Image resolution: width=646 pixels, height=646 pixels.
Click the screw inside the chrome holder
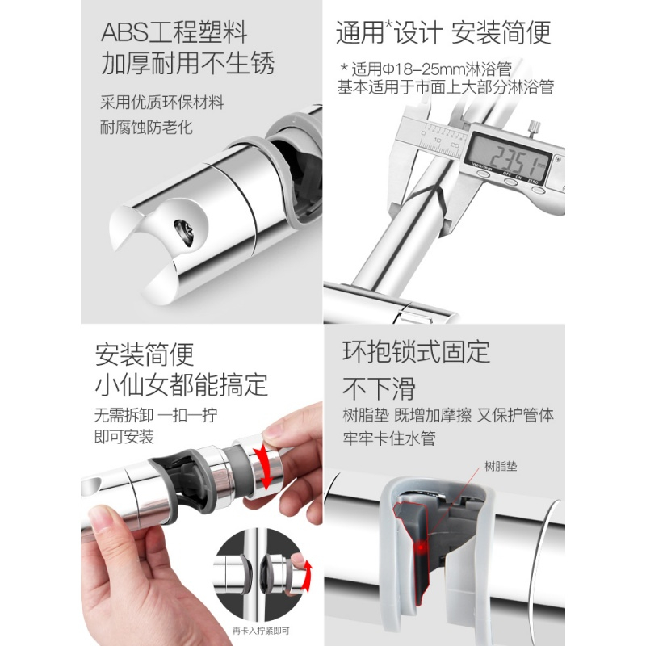[x=184, y=233]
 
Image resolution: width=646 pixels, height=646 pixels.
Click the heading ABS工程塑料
[x=174, y=31]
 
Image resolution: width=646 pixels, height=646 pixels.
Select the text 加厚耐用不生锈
[x=187, y=63]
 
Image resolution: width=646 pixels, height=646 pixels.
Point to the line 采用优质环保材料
[x=162, y=103]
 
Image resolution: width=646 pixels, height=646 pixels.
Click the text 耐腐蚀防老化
[x=146, y=127]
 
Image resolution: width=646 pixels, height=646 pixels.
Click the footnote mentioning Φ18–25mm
[x=426, y=69]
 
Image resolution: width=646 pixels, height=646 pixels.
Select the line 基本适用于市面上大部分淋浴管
[x=446, y=87]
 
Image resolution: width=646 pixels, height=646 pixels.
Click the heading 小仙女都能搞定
[x=181, y=384]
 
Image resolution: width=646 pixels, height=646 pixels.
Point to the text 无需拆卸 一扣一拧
[x=155, y=415]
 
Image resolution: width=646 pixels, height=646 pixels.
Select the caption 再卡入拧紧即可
[x=261, y=631]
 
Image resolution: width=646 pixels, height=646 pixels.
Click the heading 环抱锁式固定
[x=416, y=351]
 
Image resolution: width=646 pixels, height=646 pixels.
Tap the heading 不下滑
[x=379, y=388]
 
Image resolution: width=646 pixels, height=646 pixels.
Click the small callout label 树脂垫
[x=501, y=467]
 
